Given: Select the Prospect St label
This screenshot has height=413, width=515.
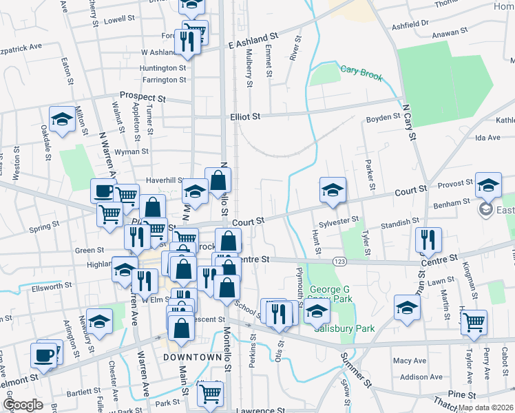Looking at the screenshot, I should pyautogui.click(x=143, y=97).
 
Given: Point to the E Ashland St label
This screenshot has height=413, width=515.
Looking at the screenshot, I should pyautogui.click(x=252, y=41).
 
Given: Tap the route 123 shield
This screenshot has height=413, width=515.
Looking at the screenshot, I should pyautogui.click(x=339, y=262).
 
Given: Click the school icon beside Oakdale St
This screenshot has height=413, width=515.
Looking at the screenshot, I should pyautogui.click(x=62, y=119).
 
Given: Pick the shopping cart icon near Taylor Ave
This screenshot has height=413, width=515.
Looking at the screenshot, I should pyautogui.click(x=474, y=322).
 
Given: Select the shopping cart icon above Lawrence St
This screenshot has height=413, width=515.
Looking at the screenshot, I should pyautogui.click(x=209, y=394).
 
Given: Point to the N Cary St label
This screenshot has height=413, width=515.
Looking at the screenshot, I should pyautogui.click(x=410, y=123).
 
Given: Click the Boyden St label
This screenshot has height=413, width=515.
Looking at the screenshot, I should pyautogui.click(x=383, y=117).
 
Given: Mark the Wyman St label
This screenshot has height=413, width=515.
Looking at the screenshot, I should pyautogui.click(x=131, y=151).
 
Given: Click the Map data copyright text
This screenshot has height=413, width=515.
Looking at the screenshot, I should pyautogui.click(x=485, y=407).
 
